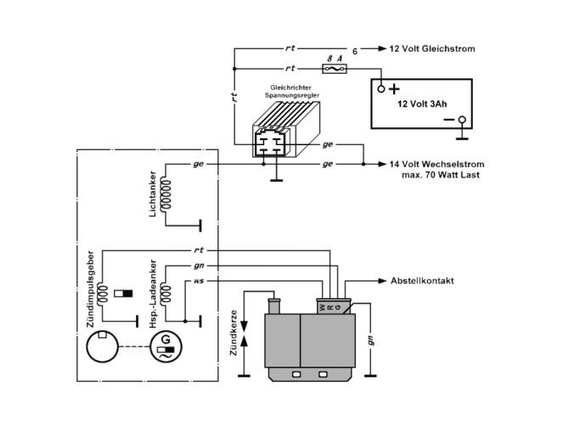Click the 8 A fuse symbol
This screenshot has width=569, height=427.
point(334,67)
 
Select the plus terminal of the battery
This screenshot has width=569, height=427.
point(382,87)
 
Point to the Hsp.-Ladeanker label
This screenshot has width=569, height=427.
point(152,295)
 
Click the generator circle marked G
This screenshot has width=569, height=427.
point(163,347)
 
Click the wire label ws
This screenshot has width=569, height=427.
point(198,281)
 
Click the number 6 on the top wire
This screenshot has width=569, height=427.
point(355,50)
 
